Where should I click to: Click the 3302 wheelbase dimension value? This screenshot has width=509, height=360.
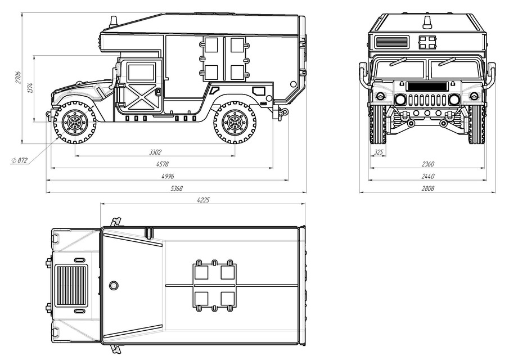click(x=156, y=152)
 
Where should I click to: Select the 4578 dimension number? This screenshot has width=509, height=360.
click(x=162, y=164)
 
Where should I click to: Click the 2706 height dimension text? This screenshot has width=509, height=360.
click(x=18, y=78)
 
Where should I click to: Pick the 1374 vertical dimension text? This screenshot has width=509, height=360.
click(x=30, y=87)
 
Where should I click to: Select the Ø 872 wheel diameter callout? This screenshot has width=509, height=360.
click(x=19, y=160)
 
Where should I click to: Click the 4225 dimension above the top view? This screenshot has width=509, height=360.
click(x=203, y=200)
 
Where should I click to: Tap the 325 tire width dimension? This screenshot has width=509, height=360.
click(x=379, y=152)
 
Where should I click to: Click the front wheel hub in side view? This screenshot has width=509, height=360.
click(x=75, y=122)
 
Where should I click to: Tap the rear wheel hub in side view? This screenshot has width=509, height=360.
click(x=235, y=122)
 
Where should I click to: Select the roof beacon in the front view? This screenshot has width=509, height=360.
click(x=427, y=23)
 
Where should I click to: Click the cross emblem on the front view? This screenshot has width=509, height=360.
click(x=427, y=42)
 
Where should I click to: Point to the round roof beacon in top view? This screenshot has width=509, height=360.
click(x=114, y=285)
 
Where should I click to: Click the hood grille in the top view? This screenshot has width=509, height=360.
click(x=72, y=285)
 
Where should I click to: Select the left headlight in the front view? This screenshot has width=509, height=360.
click(x=400, y=100)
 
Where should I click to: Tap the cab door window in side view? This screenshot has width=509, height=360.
click(x=141, y=73)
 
